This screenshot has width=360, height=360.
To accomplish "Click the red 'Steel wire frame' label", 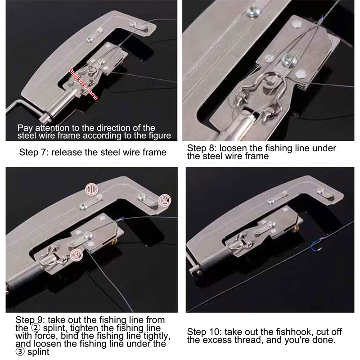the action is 83,84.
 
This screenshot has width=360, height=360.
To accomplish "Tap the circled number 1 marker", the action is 92,189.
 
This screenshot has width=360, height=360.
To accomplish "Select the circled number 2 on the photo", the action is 164,200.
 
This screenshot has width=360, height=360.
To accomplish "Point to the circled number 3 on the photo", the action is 76,255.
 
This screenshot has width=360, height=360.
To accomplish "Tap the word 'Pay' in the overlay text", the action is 25,128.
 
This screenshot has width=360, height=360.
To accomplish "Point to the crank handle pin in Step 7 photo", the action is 45,117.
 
